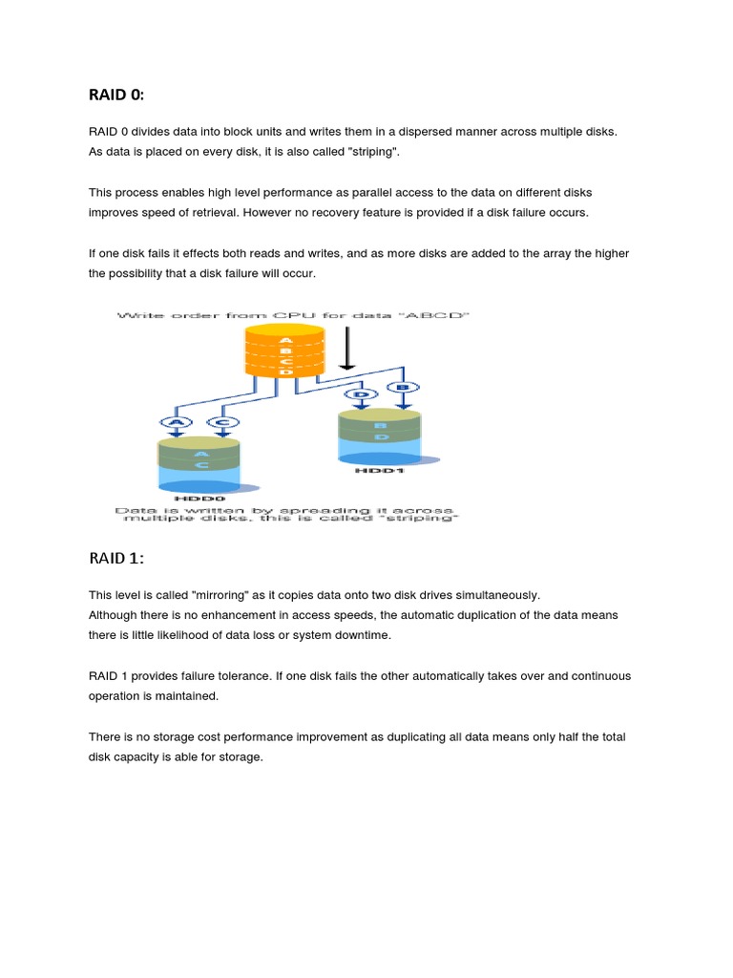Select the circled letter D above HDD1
tap(361, 393)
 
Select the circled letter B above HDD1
tap(401, 388)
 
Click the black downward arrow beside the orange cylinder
tap(348, 349)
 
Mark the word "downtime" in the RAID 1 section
tap(363, 634)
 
